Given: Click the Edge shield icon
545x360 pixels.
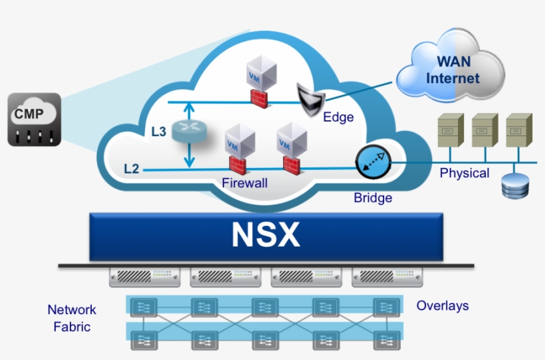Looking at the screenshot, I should tap(308, 99).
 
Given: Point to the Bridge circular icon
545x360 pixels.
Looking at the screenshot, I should tap(372, 161).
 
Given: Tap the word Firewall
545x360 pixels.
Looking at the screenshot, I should tap(245, 183).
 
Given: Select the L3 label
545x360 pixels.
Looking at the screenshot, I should tap(158, 132).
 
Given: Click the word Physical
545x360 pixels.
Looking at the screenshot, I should tap(465, 173).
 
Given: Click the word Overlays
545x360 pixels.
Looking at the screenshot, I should tap(443, 306).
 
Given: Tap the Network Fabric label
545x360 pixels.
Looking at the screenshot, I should tap(72, 318).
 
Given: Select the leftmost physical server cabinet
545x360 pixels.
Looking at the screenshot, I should tap(450, 131).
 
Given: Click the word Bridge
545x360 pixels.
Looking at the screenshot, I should tap(373, 198).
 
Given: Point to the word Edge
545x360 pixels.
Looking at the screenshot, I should tap(338, 118).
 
